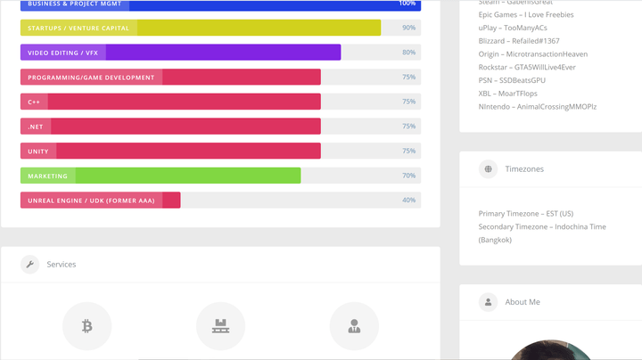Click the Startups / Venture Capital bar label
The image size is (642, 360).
(x=78, y=28)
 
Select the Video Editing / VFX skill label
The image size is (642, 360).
(x=62, y=53)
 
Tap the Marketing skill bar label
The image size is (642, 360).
(x=47, y=176)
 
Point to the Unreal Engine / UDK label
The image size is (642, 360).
(x=91, y=200)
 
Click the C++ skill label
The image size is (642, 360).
(x=34, y=102)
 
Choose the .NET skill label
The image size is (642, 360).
(x=36, y=127)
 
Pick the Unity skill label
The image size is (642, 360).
(x=38, y=151)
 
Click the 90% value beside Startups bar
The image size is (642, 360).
(x=408, y=28)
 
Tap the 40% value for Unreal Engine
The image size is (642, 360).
(x=408, y=200)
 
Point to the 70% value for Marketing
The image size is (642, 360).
(x=408, y=176)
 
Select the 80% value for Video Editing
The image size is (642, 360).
(x=408, y=53)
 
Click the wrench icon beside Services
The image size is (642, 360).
(x=30, y=264)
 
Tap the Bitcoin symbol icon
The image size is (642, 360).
(x=86, y=327)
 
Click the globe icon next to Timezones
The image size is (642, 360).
(x=488, y=168)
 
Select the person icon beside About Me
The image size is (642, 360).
(x=488, y=302)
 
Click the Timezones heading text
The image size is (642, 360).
(x=524, y=168)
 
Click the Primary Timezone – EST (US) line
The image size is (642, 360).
(x=526, y=214)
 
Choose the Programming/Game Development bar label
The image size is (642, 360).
(x=91, y=78)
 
